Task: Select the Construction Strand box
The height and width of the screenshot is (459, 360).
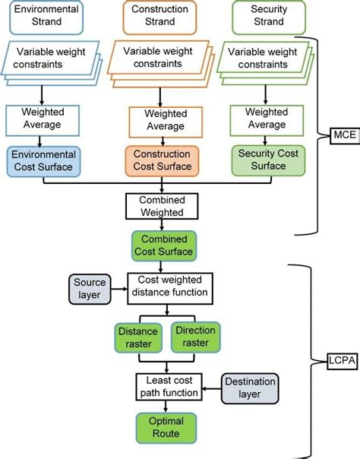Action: [159, 17]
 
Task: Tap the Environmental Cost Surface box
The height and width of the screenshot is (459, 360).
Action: [43, 160]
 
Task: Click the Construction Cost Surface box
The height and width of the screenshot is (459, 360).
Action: [160, 161]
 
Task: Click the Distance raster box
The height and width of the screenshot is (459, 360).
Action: [137, 337]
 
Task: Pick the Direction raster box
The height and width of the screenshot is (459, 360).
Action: [196, 337]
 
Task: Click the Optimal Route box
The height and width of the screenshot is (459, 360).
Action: [165, 428]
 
